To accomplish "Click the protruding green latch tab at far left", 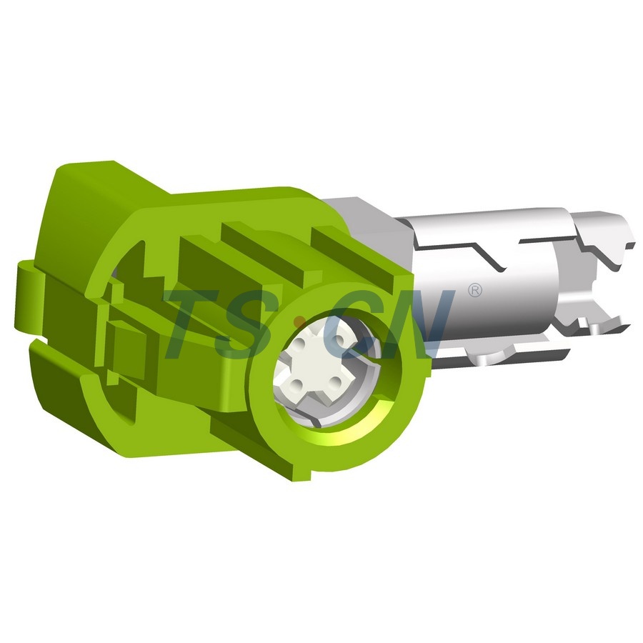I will pyautogui.click(x=27, y=300).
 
